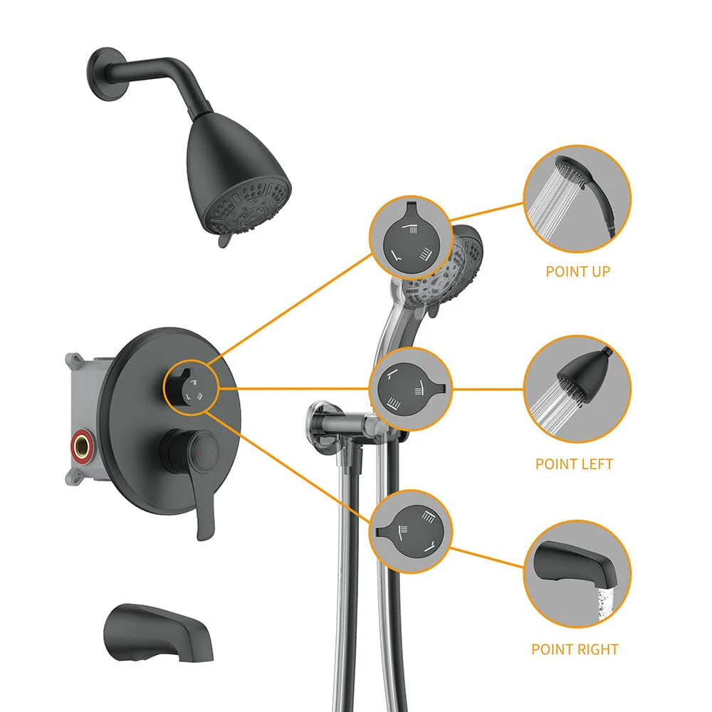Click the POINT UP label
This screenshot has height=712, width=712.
point(577,271)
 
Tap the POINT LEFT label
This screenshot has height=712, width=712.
point(574,464)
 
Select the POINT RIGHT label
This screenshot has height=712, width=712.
point(575,649)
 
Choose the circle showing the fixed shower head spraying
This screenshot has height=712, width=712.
point(577,389)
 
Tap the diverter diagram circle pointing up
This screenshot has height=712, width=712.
point(409,236)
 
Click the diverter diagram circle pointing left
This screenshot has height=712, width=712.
point(410,389)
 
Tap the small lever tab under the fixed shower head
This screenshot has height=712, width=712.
point(222,242)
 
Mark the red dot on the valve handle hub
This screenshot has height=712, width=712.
point(199,452)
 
